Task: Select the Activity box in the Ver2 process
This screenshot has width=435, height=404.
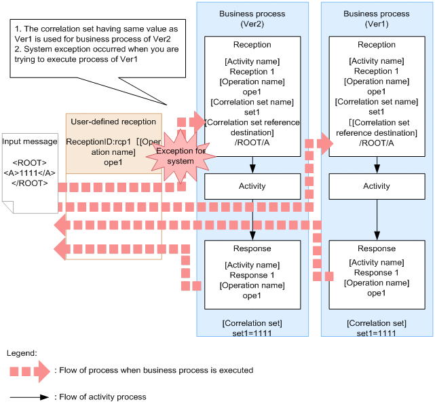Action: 252,186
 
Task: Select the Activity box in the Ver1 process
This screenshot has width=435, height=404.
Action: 377,186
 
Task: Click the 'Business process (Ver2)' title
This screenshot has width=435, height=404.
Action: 252,19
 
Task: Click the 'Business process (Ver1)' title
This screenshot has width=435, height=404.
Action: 377,19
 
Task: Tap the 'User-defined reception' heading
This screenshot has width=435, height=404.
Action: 113,122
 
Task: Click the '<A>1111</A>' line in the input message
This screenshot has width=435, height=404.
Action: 30,172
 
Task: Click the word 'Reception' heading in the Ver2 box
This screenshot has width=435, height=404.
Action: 252,45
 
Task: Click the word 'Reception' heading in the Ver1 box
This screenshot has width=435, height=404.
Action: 377,45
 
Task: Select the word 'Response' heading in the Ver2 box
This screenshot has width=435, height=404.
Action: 252,249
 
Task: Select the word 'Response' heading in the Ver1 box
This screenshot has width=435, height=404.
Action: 377,249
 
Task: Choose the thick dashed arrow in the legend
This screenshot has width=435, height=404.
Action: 30,371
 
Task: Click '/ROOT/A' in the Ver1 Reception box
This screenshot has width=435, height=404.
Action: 377,143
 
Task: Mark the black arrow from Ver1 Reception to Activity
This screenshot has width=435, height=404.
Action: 377,164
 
